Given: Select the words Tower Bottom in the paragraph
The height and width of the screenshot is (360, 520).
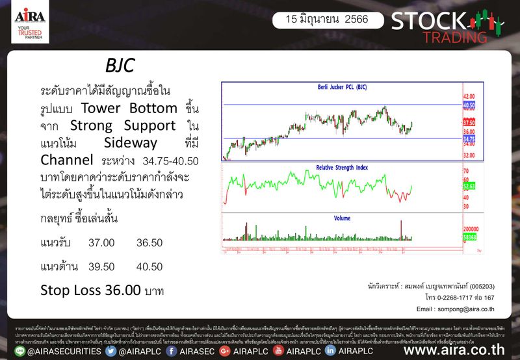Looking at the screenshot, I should tap(129, 108).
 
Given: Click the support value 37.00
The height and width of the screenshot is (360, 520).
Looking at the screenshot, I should tap(101, 242).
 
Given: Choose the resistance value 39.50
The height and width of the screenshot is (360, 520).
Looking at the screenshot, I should tap(101, 266).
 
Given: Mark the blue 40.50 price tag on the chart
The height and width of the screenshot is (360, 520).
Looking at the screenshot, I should tap(469, 104).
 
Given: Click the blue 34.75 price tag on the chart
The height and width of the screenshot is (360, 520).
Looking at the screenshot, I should tap(469, 138).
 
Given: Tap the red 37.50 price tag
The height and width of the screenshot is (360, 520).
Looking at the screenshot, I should tap(469, 122).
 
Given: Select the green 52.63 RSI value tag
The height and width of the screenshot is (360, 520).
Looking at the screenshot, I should tap(469, 186).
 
